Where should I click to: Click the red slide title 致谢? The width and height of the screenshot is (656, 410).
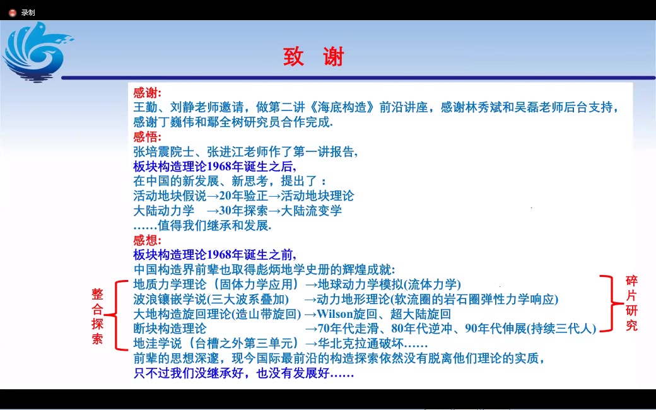(313, 57)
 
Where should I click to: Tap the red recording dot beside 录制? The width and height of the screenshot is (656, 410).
(12, 12)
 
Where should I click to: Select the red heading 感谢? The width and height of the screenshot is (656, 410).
(148, 93)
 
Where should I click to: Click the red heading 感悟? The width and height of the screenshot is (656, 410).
(148, 137)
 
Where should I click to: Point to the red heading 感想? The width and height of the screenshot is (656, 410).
(148, 240)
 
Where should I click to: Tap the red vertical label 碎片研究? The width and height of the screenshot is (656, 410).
(631, 303)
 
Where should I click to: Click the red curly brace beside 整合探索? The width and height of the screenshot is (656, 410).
(114, 314)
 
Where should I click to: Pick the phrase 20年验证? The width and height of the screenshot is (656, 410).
(243, 196)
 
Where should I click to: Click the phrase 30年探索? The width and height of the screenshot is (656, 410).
(243, 211)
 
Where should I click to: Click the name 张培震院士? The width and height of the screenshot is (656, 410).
(163, 151)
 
